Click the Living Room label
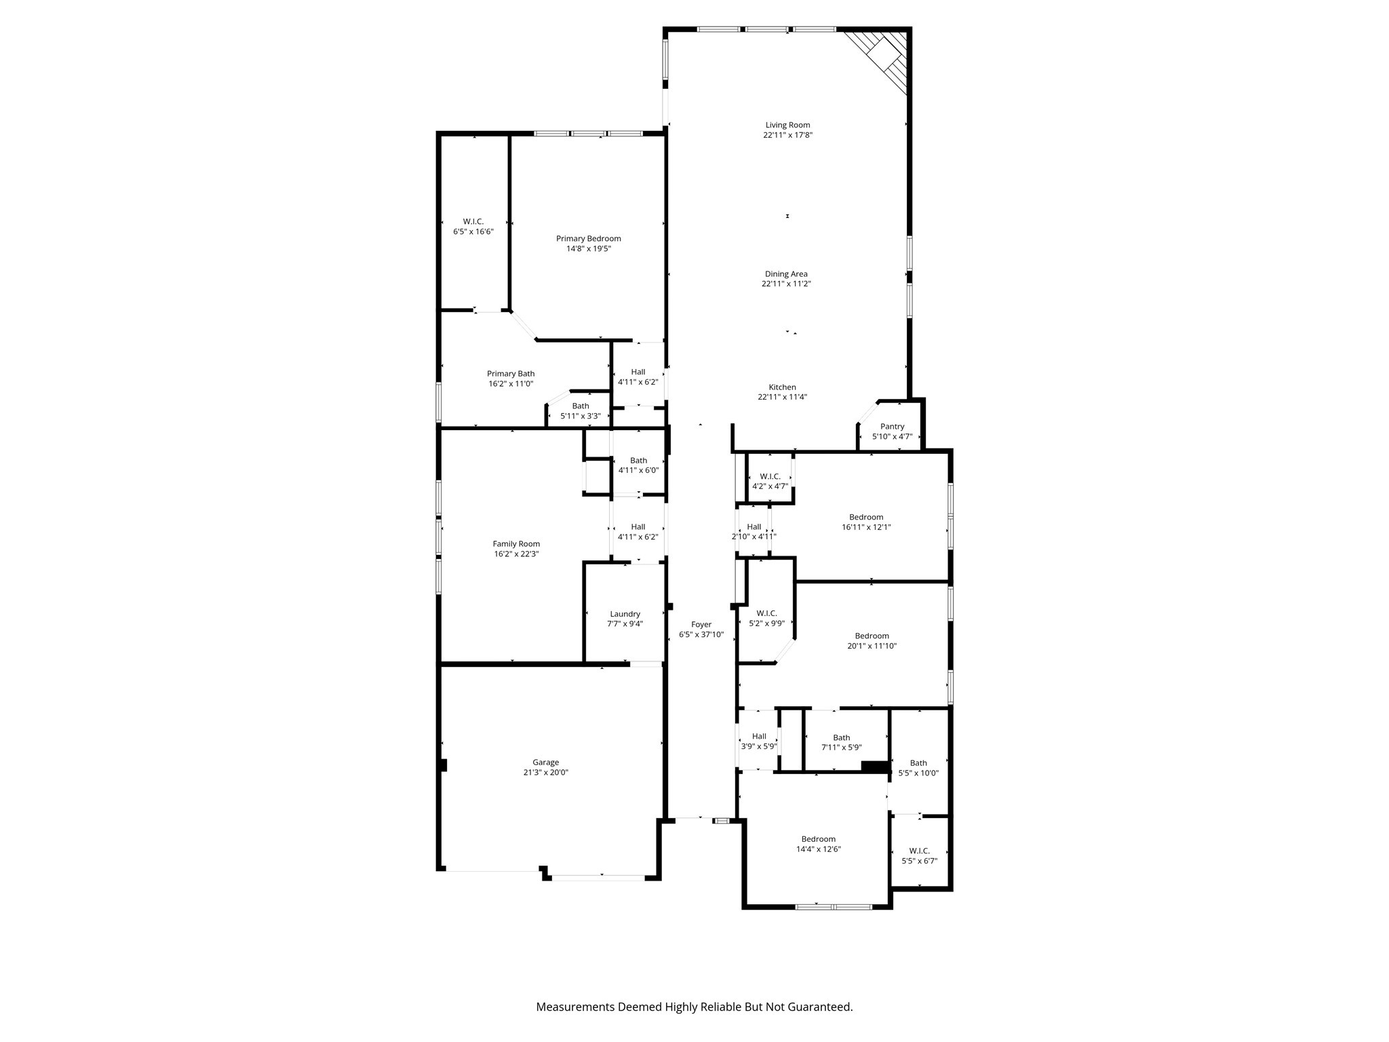click(787, 125)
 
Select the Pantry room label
click(892, 427)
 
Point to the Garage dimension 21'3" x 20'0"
click(545, 772)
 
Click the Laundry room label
click(625, 614)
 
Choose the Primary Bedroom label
click(588, 238)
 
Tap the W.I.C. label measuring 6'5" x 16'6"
click(473, 222)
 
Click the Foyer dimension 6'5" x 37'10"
click(701, 635)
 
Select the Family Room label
click(516, 543)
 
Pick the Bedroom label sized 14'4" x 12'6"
click(818, 839)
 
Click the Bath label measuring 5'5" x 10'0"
click(918, 763)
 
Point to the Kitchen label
click(782, 387)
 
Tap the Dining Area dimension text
click(786, 284)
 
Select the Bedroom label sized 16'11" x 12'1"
click(866, 517)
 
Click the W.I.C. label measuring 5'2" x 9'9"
click(766, 613)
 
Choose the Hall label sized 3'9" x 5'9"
click(759, 737)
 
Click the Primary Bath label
click(511, 374)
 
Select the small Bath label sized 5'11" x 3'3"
click(581, 406)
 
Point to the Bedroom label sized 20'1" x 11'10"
click(872, 636)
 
